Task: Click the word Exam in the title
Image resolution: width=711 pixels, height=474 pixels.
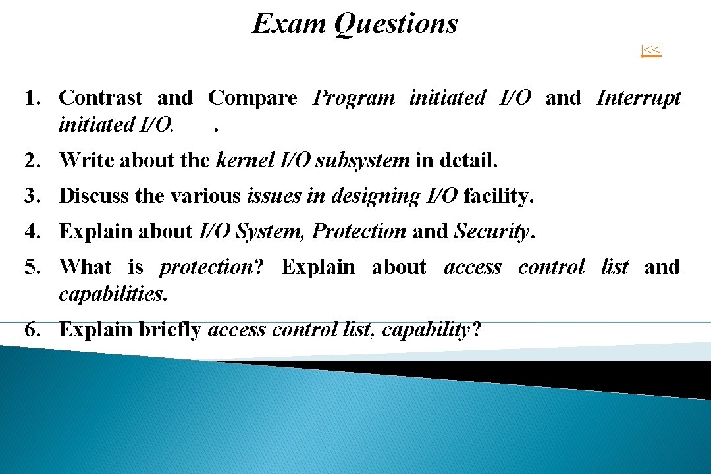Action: click(x=289, y=24)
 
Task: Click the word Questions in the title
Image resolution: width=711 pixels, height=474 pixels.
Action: click(x=396, y=24)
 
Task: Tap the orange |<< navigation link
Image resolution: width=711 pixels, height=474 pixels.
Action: click(x=651, y=50)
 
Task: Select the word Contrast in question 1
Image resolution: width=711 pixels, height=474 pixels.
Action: click(x=101, y=98)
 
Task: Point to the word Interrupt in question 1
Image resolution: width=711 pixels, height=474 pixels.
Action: click(x=638, y=98)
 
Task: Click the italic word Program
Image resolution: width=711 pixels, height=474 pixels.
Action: click(x=354, y=98)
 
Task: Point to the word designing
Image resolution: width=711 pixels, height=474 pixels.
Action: click(x=369, y=196)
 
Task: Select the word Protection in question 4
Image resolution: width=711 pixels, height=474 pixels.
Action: click(x=359, y=231)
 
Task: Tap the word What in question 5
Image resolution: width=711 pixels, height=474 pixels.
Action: click(x=86, y=267)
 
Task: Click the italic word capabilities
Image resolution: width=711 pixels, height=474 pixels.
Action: click(x=112, y=294)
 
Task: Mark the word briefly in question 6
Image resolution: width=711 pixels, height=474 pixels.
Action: click(x=170, y=329)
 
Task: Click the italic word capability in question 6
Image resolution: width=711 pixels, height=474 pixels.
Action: click(x=427, y=329)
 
